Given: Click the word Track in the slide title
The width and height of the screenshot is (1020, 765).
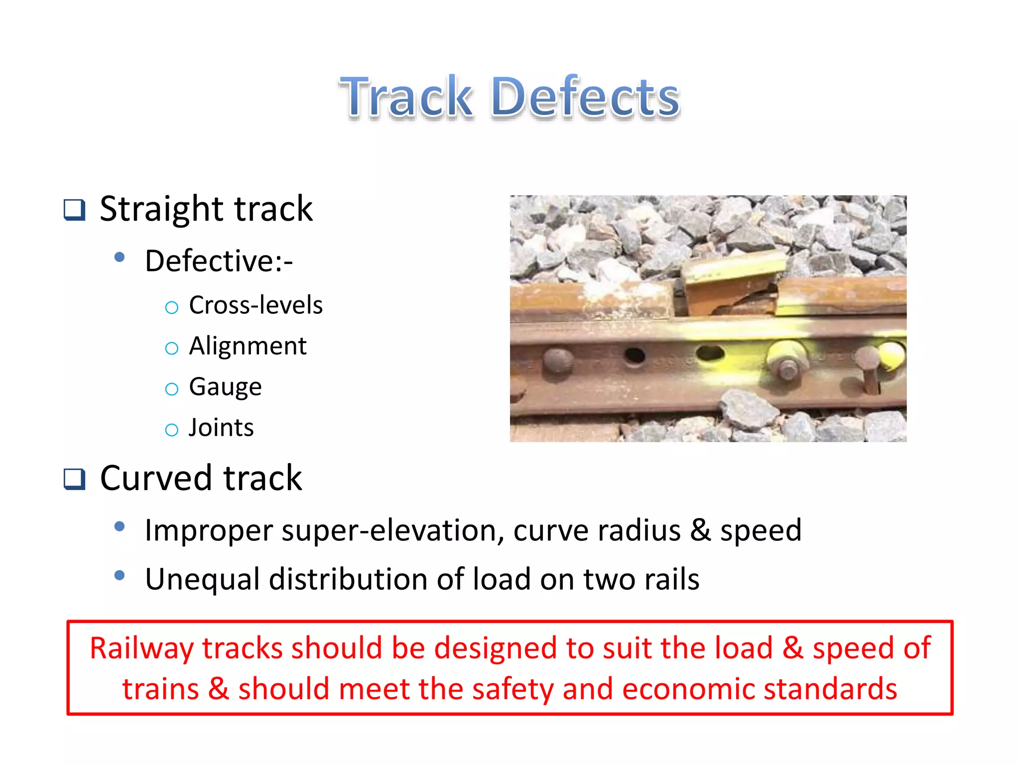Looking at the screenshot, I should [406, 97].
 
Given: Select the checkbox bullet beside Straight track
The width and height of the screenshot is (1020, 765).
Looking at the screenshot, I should [75, 210].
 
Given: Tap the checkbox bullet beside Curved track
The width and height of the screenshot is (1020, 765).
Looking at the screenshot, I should [75, 479].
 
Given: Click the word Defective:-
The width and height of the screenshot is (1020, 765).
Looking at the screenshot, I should [219, 261].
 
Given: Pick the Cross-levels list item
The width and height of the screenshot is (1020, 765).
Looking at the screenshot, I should [255, 305].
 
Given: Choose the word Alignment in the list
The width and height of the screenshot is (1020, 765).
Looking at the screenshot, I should [248, 346].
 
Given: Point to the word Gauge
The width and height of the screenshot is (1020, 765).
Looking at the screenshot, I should [225, 387].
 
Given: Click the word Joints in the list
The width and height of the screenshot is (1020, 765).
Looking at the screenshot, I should [221, 428].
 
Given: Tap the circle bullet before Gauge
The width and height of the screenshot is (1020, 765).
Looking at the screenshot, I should [171, 389].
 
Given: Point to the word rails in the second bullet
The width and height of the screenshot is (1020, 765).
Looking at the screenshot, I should [671, 579].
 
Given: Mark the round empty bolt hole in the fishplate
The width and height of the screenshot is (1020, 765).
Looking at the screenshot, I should [635, 355].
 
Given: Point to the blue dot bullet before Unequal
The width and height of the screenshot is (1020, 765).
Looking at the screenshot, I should [120, 576].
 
